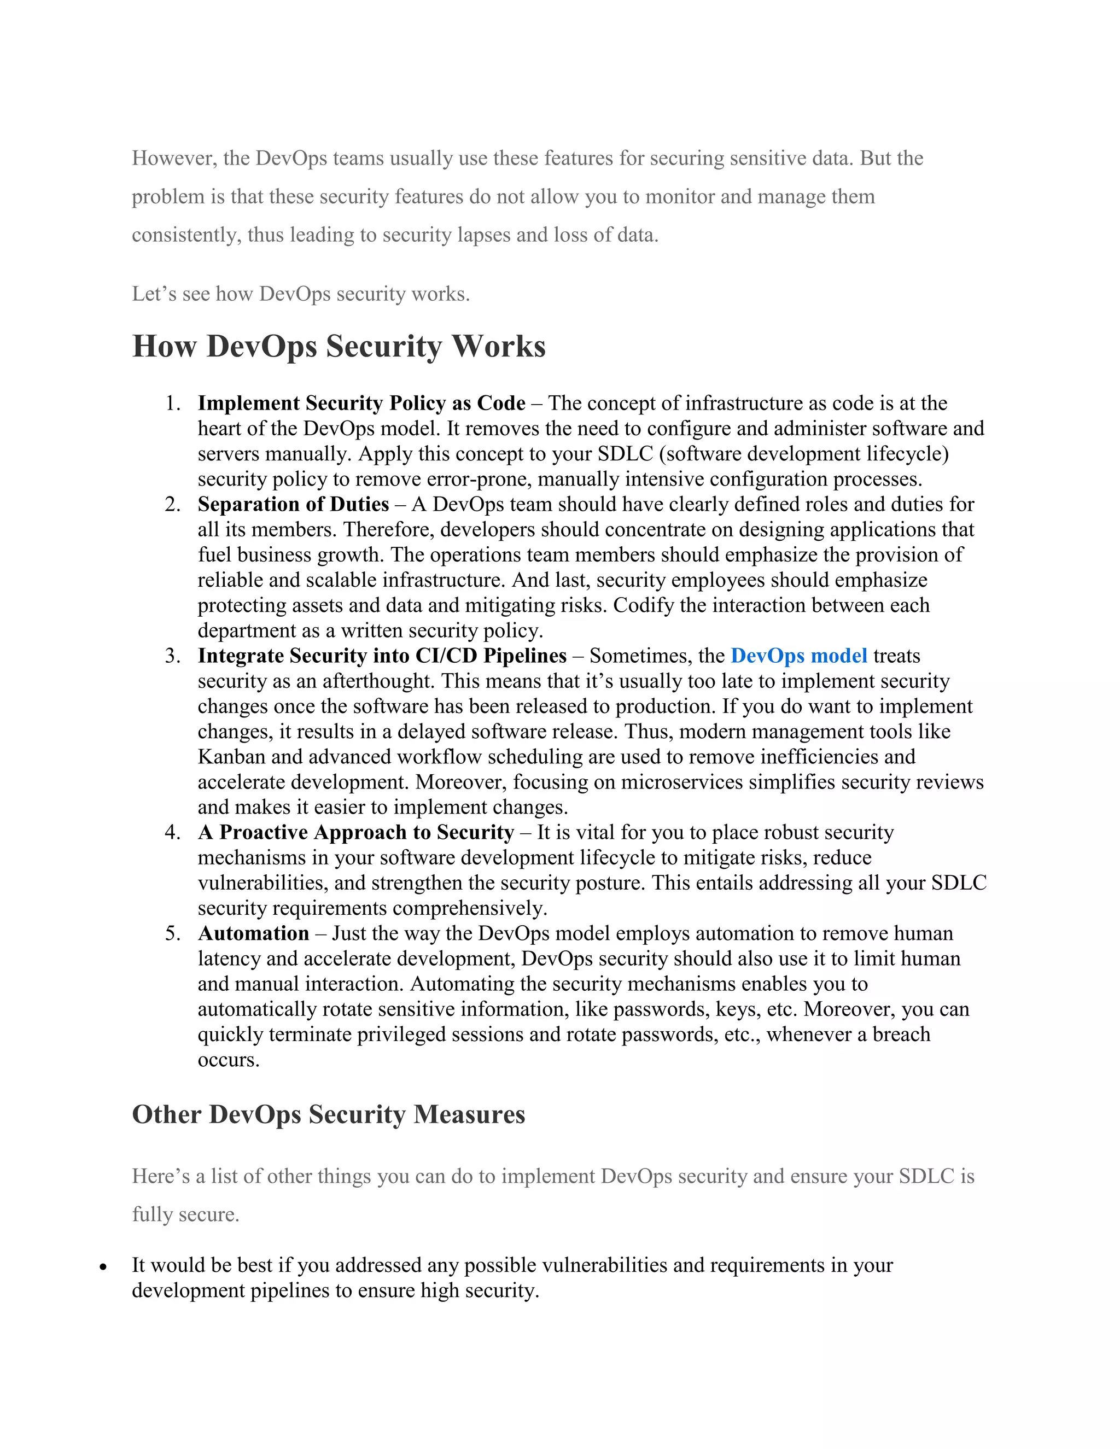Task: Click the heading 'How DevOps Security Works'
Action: point(339,346)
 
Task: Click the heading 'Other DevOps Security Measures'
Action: point(329,1114)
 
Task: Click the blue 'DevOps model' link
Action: point(799,656)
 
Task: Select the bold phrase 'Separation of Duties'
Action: point(293,504)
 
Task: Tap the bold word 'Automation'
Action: point(253,933)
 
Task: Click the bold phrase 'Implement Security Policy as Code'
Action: point(361,404)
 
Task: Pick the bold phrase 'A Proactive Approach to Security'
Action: point(355,833)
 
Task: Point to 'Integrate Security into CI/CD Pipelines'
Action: point(382,656)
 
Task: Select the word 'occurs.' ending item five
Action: point(228,1060)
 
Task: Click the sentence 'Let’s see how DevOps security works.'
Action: point(301,294)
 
